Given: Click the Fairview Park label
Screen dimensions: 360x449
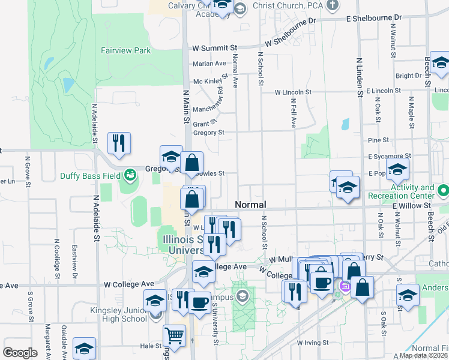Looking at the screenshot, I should coord(125,51).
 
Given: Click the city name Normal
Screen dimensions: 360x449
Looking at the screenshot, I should coord(250,205).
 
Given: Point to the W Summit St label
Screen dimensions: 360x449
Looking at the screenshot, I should coord(215,48).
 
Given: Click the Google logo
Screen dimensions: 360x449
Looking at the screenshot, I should coord(20,352).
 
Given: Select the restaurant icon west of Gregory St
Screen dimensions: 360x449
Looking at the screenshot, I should coord(118,143).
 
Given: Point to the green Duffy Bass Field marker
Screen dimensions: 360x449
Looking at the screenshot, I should coord(130,176).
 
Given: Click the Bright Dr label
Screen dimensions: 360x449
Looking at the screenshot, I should coord(408,76).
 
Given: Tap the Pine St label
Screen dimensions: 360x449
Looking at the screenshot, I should coord(378,140).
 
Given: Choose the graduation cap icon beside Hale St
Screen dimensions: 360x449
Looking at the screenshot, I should coord(85,348).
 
